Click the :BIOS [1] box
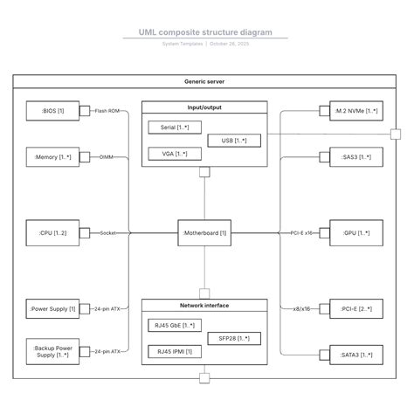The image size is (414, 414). coord(52,111)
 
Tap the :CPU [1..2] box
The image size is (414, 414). coord(52,233)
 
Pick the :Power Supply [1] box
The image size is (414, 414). coord(52,308)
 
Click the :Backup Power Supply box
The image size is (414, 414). coord(52,351)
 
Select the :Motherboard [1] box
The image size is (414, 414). coord(205,233)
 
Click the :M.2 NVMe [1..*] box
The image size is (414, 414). coord(356,111)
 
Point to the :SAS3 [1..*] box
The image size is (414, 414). coord(356,158)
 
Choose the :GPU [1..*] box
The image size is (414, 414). coord(356,233)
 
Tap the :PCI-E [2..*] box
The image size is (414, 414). coord(356,308)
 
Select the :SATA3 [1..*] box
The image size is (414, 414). coord(356,355)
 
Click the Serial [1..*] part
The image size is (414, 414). coord(175,127)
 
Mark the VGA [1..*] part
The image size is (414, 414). coord(175,154)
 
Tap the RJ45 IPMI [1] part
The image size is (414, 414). coord(175,351)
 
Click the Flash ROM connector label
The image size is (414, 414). coord(107,111)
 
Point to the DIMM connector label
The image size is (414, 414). coord(107,158)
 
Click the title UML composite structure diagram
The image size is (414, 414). coord(205,32)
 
